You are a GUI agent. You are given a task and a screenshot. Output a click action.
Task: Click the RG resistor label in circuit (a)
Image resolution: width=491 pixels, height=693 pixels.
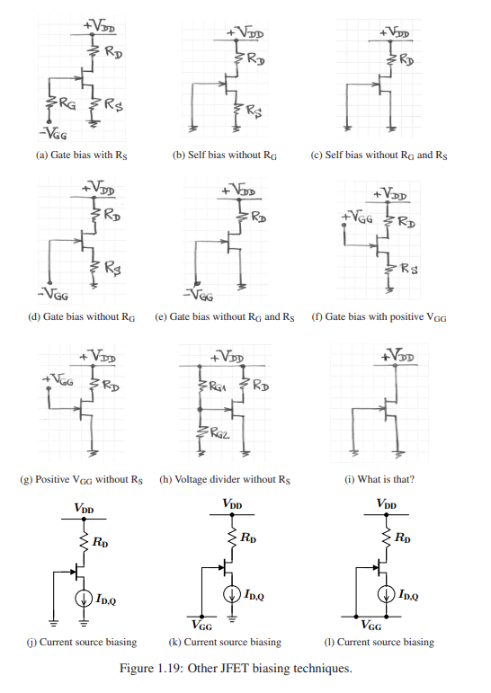[67, 104]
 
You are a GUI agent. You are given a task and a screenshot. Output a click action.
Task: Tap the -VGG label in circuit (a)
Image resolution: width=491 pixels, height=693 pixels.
[53, 133]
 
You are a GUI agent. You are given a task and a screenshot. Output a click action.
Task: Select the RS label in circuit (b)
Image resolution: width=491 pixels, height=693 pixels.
[254, 111]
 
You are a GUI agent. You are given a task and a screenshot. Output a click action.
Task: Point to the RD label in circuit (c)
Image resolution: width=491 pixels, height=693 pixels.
[407, 59]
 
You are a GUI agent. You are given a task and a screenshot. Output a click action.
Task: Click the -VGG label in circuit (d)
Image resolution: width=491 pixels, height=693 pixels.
[53, 294]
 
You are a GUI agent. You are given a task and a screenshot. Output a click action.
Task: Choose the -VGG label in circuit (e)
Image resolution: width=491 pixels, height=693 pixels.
[199, 295]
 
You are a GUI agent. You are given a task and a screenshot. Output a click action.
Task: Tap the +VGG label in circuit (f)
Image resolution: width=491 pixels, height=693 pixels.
[356, 217]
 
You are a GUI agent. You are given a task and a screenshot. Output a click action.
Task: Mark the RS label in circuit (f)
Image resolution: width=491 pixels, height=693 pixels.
[409, 268]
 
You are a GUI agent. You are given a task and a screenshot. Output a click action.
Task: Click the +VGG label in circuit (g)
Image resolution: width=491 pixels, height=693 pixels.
[58, 379]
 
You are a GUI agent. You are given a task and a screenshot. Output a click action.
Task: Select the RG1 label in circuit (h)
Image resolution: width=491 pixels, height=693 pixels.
[218, 386]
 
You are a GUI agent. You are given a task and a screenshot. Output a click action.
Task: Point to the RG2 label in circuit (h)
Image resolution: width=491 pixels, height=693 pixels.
[219, 433]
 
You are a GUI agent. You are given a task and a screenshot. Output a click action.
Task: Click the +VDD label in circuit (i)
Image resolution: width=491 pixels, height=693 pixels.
[398, 355]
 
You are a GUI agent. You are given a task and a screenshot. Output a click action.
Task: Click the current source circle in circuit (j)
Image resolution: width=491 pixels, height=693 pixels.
[84, 599]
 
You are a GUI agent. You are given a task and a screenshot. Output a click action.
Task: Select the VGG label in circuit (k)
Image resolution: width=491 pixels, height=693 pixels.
[201, 625]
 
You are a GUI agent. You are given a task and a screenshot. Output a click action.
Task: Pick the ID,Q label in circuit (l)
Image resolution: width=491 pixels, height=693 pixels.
[408, 595]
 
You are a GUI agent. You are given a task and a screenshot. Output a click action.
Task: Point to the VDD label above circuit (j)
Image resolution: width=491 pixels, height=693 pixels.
[84, 508]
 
